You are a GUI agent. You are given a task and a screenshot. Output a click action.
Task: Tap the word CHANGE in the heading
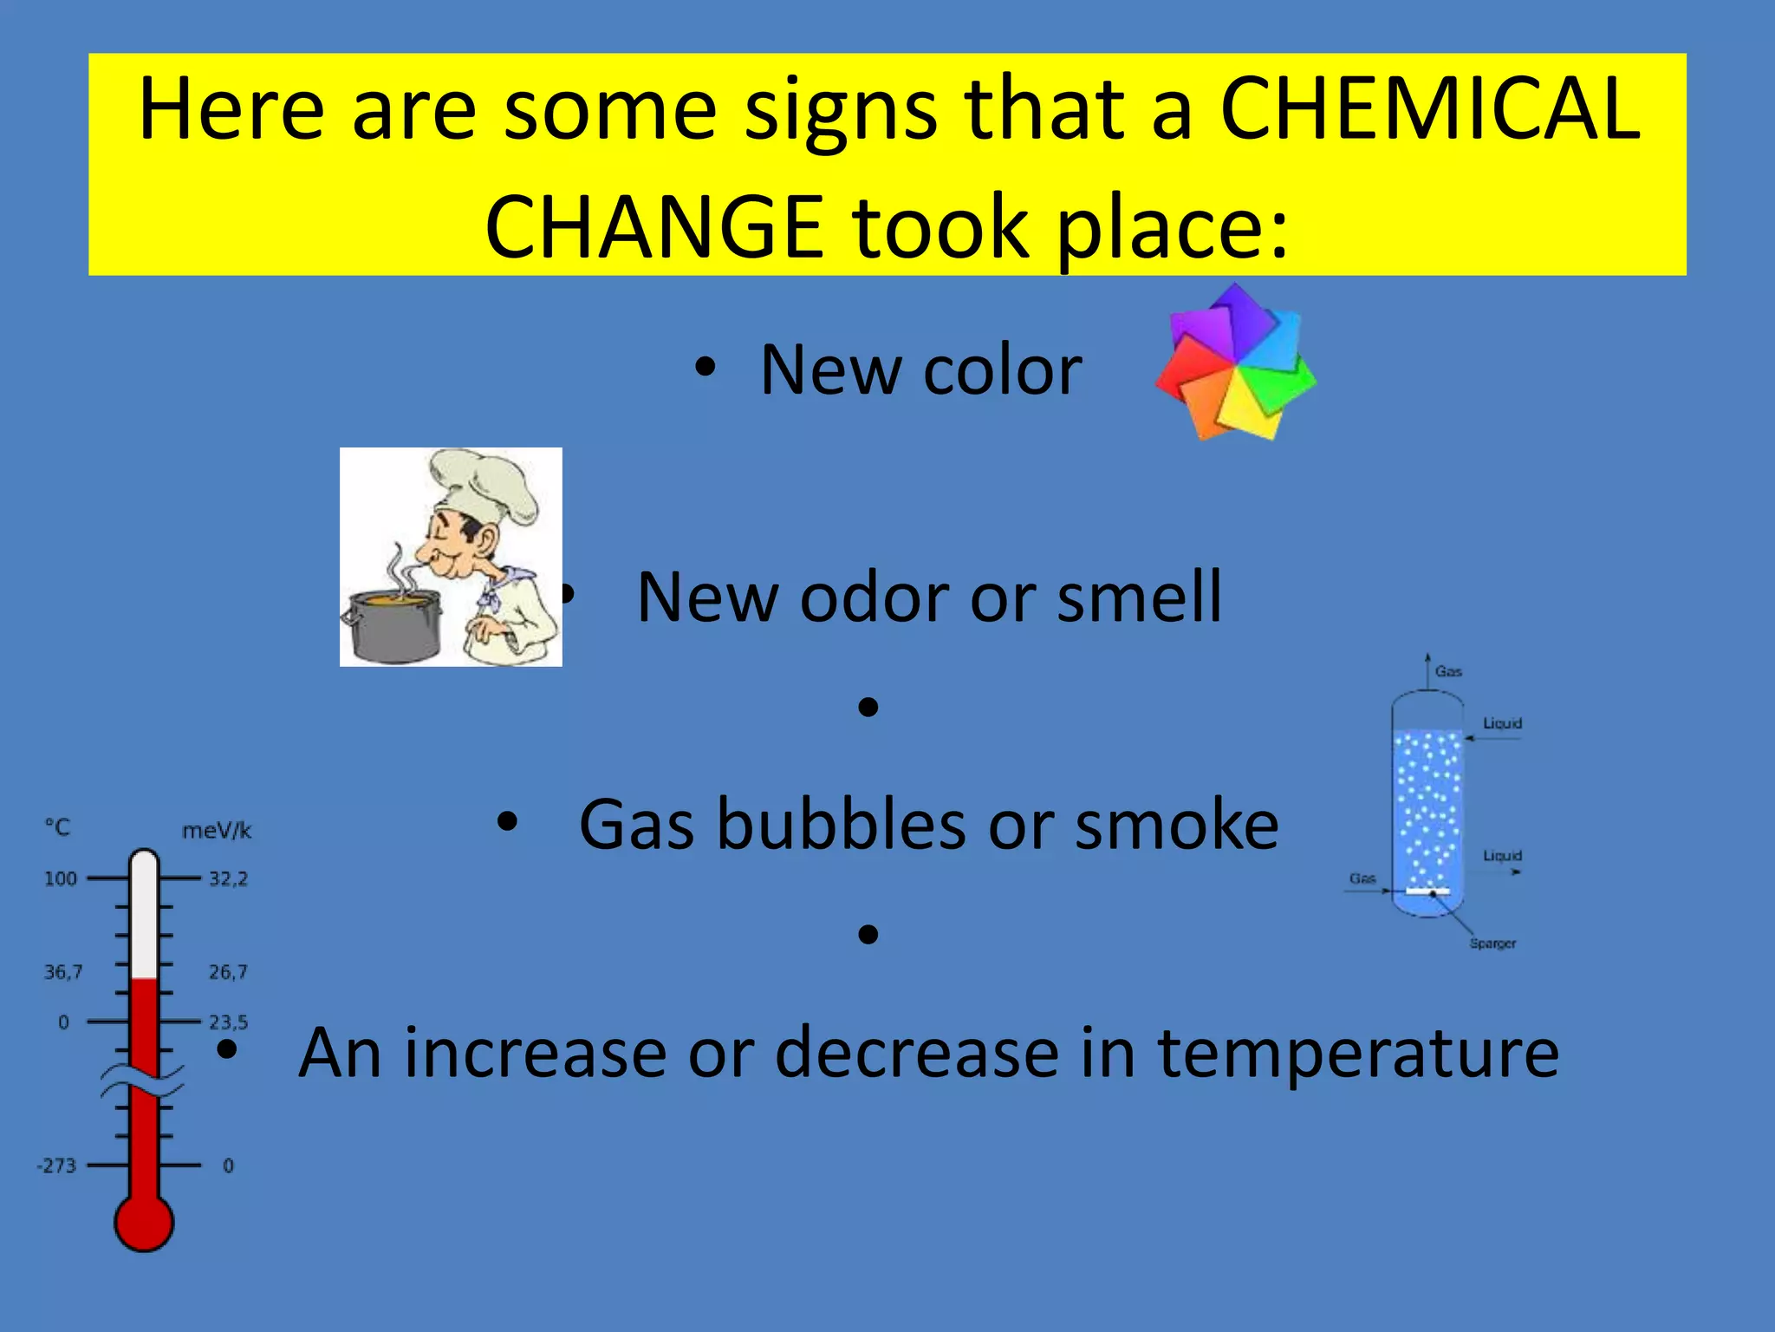click(x=654, y=227)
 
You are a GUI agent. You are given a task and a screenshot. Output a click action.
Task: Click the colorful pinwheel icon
click(x=1235, y=362)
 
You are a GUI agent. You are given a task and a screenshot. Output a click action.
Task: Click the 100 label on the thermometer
click(x=61, y=878)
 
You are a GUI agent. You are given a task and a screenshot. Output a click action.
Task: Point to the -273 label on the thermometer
click(x=56, y=1165)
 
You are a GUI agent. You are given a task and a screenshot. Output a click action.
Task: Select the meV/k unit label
click(x=217, y=831)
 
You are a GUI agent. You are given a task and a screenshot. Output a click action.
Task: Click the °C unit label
click(x=57, y=827)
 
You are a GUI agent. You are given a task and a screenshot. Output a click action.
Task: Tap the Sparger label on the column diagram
click(x=1492, y=943)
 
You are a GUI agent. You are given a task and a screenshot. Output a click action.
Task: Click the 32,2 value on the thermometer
click(x=228, y=878)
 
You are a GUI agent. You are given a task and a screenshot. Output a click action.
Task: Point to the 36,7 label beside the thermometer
click(x=62, y=972)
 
